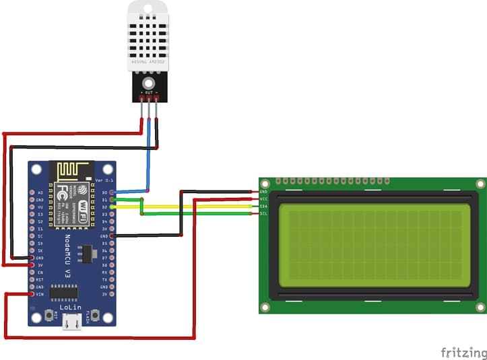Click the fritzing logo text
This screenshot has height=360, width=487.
coord(463,352)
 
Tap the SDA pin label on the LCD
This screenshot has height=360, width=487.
coord(263,206)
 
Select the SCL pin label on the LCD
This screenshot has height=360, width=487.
coord(263,213)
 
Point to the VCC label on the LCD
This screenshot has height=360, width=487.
coord(263,199)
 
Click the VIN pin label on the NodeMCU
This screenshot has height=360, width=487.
coord(40,295)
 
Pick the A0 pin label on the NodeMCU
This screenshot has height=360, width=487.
coord(40,192)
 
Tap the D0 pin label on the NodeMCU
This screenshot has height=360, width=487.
coord(104,192)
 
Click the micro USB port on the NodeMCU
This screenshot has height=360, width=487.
coord(71,324)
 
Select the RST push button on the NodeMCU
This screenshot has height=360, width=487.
coord(49,315)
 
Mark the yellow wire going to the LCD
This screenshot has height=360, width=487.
coord(202,207)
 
